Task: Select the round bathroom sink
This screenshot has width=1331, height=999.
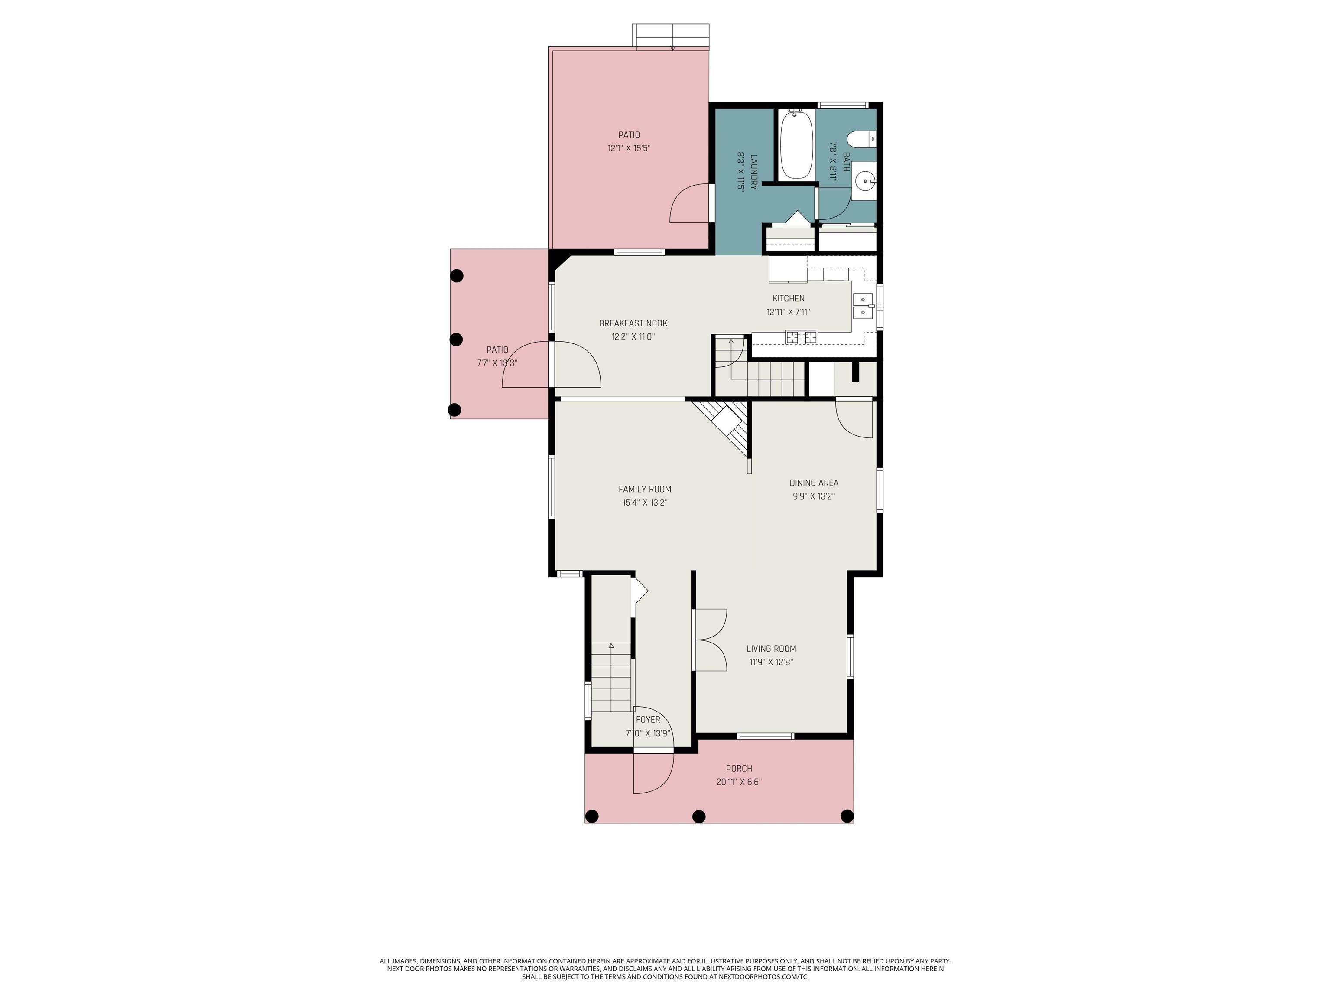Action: (865, 180)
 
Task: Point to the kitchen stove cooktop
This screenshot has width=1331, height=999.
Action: (802, 337)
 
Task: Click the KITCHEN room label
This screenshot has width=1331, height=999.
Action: (788, 298)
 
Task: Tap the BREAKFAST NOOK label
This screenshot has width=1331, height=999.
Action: (633, 323)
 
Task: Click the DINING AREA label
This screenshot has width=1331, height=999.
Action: (814, 482)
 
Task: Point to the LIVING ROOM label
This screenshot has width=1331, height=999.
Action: (771, 649)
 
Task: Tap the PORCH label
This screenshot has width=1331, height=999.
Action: (739, 768)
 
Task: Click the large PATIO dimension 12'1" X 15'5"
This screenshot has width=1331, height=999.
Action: (629, 148)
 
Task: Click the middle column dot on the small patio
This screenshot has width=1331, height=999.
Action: (456, 339)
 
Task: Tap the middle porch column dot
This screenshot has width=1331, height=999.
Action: (698, 816)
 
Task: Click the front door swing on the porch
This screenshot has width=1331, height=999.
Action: (653, 774)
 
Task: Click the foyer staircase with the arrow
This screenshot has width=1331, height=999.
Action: (611, 677)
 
